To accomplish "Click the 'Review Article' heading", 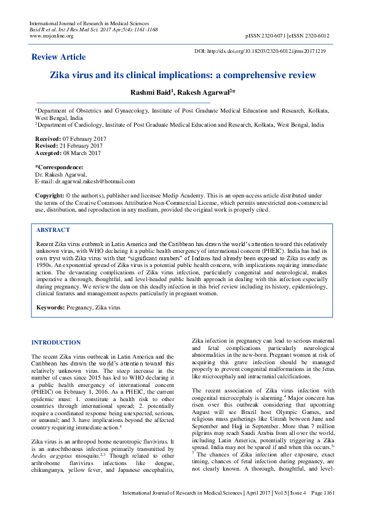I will (58, 57).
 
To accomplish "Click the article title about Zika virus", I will (183, 76).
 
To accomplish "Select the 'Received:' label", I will (48, 139).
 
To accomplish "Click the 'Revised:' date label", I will (47, 145).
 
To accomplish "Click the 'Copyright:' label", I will (49, 195).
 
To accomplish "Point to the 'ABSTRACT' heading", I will (53, 229).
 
